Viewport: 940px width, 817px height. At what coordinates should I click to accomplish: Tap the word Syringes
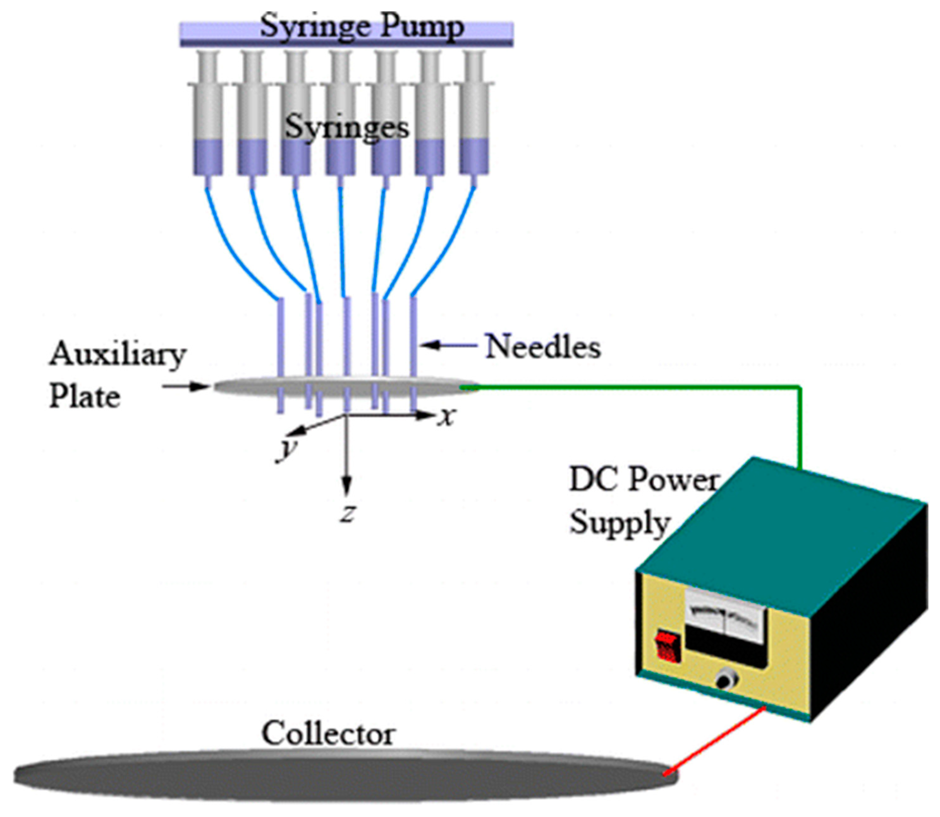[x=347, y=128]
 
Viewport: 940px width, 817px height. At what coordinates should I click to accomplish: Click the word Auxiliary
[x=118, y=355]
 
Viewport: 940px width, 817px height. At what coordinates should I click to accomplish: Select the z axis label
[x=348, y=514]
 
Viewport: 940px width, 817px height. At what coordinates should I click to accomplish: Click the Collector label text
[x=328, y=734]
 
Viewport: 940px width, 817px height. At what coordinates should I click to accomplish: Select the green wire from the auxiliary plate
[x=638, y=388]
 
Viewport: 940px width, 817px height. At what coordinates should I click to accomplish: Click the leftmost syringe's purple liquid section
[x=208, y=157]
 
